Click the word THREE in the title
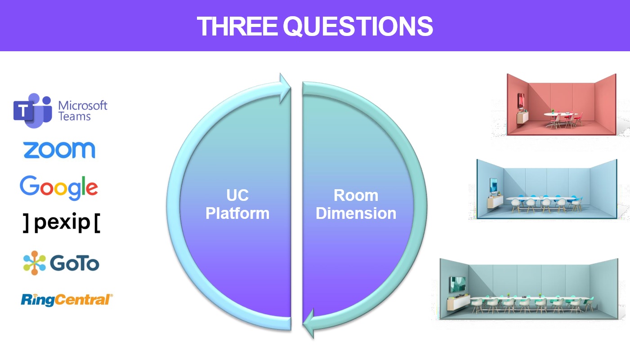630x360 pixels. point(237,26)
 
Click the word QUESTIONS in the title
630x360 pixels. point(358,27)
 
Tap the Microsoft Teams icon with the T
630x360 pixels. point(33,111)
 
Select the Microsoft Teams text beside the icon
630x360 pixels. point(83,111)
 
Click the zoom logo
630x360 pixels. point(59,150)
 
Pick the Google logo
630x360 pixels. point(59,187)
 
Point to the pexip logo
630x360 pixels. point(62,223)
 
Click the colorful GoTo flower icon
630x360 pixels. point(34,263)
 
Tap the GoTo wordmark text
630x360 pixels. point(75,263)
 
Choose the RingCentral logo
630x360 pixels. point(67,300)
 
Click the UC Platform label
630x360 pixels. point(237,204)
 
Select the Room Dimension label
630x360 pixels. point(356,204)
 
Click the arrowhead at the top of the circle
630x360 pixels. point(285,88)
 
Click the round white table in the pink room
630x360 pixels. point(561,115)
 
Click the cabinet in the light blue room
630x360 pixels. point(495,201)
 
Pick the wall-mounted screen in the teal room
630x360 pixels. point(457,284)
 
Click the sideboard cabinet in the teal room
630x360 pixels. point(458,302)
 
